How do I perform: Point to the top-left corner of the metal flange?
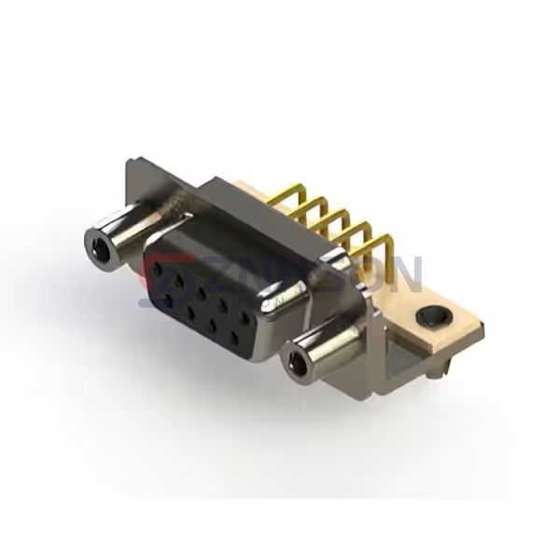point(128,165)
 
